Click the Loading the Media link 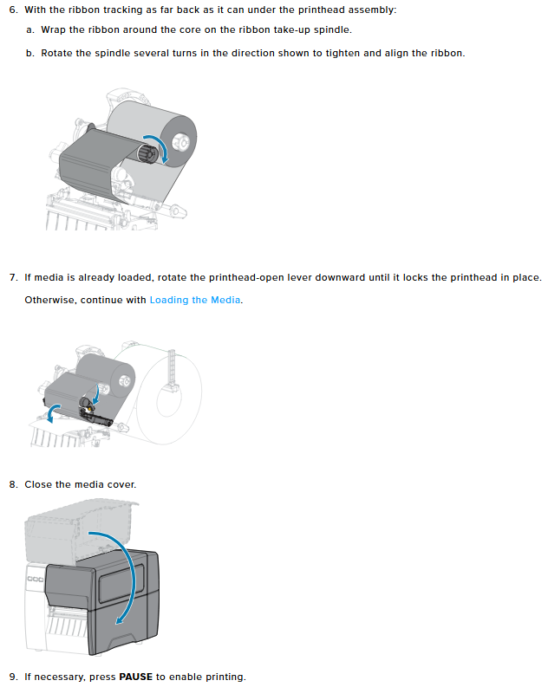coord(195,300)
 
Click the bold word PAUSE coord(136,677)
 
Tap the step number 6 coord(13,10)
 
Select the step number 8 coord(13,484)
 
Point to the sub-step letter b coord(29,54)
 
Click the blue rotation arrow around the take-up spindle coord(159,147)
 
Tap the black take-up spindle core coord(147,154)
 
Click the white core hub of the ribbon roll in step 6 coord(180,142)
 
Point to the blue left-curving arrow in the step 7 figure coord(52,412)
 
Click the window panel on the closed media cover coord(122,583)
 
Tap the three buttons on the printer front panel coord(35,580)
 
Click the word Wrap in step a coord(54,30)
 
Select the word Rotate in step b coord(56,54)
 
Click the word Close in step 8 coord(38,484)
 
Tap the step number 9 coord(13,677)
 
